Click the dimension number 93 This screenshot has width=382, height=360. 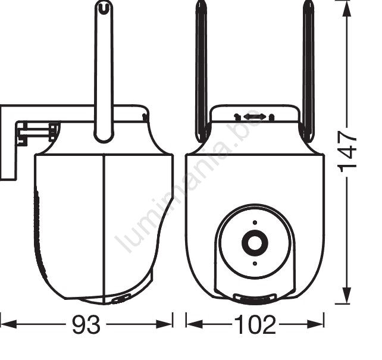click(86, 324)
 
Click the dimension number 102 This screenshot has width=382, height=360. click(255, 324)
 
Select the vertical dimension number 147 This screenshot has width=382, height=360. click(347, 152)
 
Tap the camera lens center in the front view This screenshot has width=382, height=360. click(255, 243)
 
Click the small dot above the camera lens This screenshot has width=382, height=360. click(255, 223)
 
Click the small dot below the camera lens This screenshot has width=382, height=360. click(255, 264)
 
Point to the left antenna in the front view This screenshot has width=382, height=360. click(201, 71)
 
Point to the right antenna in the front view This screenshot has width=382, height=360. click(308, 71)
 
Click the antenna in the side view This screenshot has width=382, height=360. click(104, 71)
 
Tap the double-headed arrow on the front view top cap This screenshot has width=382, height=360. click(254, 117)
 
